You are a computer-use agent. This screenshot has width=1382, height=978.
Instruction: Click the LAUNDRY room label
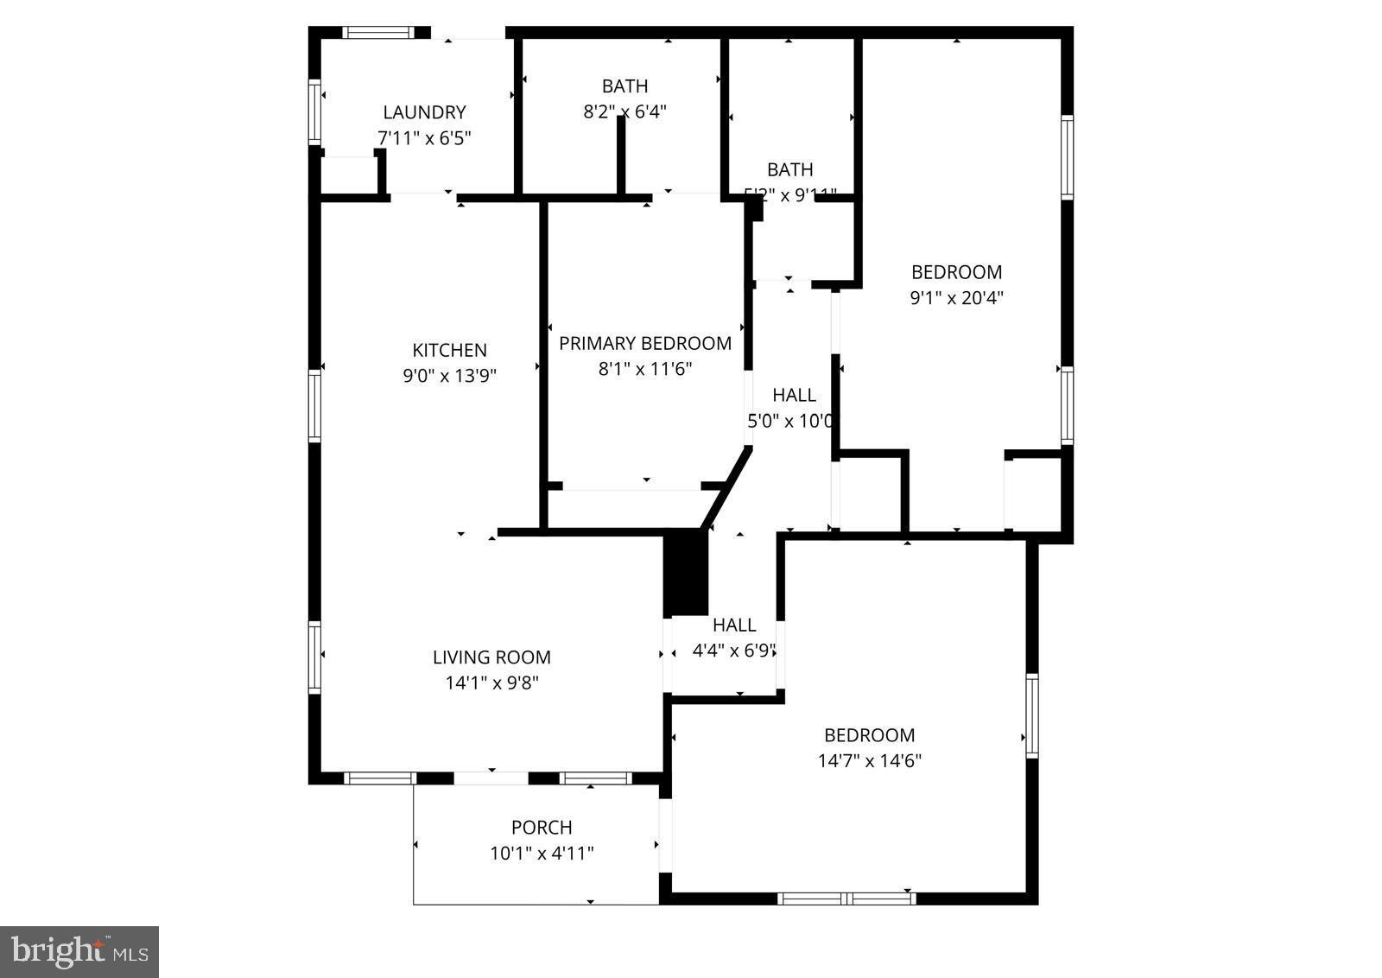coord(424,112)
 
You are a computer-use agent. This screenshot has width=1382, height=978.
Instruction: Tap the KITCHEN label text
coord(449,350)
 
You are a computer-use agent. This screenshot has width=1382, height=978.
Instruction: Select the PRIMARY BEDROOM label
coord(645,343)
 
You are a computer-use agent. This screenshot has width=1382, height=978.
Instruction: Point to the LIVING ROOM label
coord(491,657)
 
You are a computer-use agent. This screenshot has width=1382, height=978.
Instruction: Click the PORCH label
coord(542,828)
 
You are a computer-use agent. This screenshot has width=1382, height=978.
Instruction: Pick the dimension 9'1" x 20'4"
coord(957,298)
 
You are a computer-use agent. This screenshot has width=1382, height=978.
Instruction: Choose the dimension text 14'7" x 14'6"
coord(870,761)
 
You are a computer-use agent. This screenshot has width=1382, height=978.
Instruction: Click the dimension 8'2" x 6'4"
coord(624,111)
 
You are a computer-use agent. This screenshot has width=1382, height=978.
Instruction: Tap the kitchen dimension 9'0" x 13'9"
coord(449,376)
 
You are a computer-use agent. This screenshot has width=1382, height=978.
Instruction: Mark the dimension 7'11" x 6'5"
coord(424,138)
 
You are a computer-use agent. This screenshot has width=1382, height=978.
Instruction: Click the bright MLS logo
coord(79,952)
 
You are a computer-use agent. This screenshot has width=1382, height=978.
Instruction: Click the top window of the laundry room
coord(376,33)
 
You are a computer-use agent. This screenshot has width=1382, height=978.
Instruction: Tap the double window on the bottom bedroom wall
coord(846,899)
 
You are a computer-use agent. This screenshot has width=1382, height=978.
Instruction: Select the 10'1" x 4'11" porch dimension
coord(542,854)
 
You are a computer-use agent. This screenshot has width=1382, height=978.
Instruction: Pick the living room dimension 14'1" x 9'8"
coord(491,683)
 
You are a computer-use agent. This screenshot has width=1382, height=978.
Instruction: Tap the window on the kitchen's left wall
coord(314,406)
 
